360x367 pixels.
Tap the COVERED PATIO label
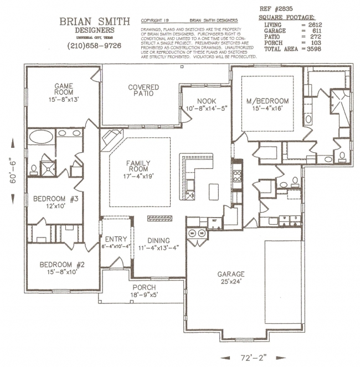pos(143,90)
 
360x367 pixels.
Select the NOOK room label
pos(203,101)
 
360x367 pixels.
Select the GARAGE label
pos(231,274)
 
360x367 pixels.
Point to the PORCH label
pos(144,287)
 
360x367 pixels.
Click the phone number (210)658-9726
pos(94,45)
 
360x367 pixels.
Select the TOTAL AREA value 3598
pos(311,49)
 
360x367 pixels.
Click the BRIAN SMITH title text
pos(94,22)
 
